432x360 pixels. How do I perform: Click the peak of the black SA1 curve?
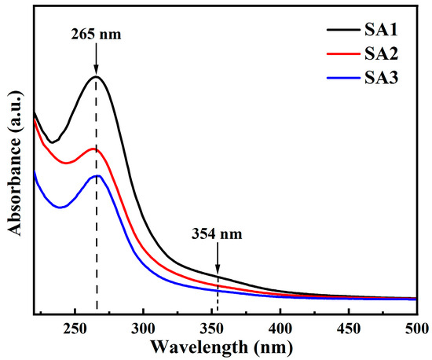(96, 76)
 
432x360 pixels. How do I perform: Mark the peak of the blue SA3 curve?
(97, 175)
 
